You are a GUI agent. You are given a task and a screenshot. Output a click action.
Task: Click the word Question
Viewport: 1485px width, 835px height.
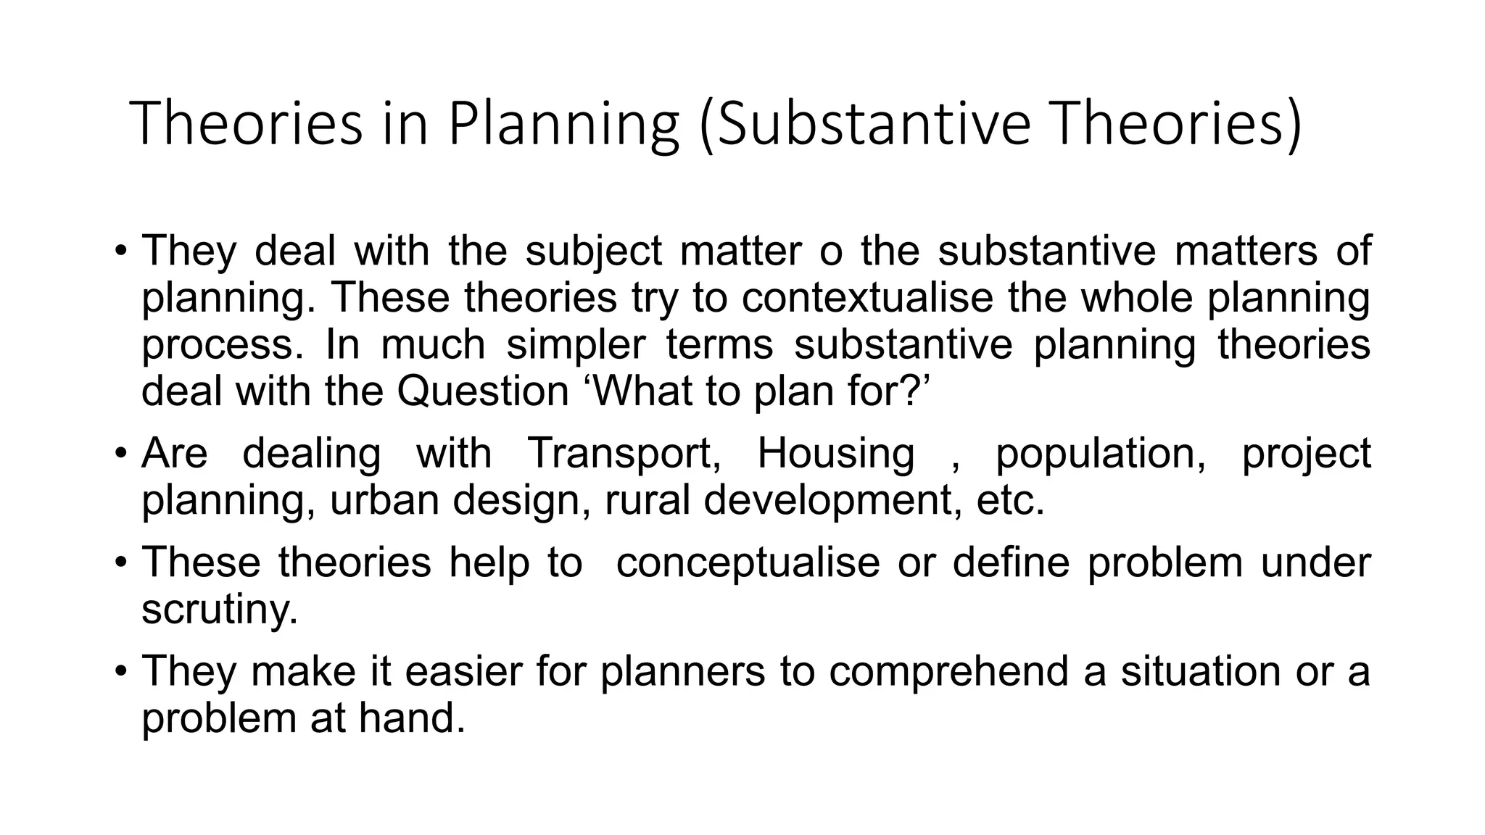click(x=482, y=391)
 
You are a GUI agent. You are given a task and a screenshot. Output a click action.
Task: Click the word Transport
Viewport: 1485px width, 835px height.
click(x=624, y=454)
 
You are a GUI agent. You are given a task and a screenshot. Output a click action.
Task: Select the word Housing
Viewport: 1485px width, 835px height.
click(x=835, y=454)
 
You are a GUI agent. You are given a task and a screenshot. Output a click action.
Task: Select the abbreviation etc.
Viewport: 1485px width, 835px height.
click(x=1010, y=501)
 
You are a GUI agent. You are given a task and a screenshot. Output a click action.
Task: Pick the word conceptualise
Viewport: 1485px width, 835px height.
click(x=747, y=563)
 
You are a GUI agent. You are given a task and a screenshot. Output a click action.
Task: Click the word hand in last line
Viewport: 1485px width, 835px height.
click(x=411, y=718)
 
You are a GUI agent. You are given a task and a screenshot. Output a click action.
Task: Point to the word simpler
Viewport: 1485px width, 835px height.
click(x=575, y=345)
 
